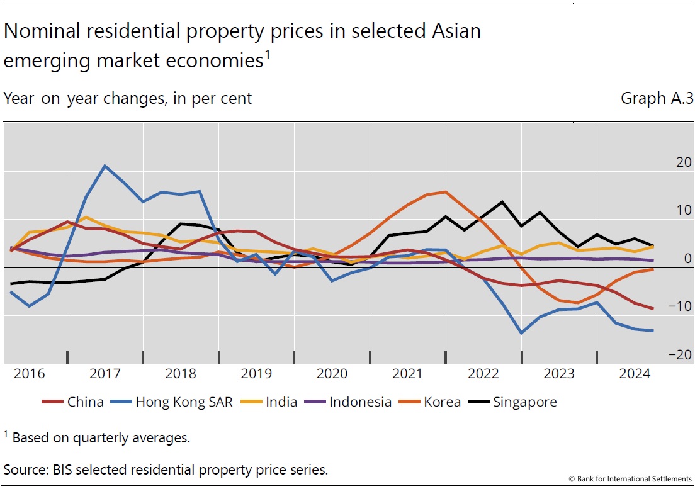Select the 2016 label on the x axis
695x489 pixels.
click(29, 373)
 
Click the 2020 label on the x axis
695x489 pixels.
click(332, 373)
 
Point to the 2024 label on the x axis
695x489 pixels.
click(635, 373)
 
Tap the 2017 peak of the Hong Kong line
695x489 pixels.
click(105, 166)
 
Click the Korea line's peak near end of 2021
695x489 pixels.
click(445, 192)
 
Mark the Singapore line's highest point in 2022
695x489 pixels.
click(502, 202)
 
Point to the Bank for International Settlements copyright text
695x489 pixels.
click(630, 480)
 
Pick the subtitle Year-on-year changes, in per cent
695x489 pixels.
click(128, 99)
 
